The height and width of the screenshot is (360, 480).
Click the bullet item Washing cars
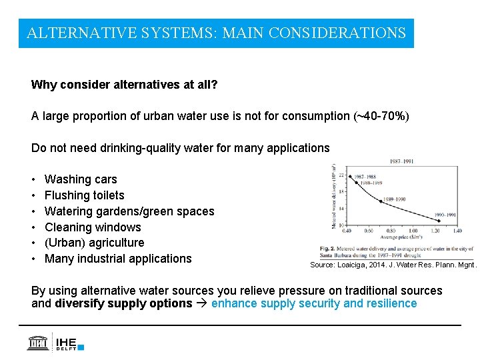(x=80, y=179)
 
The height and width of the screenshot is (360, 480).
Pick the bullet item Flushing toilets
(x=84, y=195)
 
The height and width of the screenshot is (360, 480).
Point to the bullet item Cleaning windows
(x=93, y=227)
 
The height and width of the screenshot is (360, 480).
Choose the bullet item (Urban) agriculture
(x=94, y=243)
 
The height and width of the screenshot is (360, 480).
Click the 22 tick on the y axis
(x=341, y=175)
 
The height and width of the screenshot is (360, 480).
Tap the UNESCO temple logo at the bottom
(x=38, y=341)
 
